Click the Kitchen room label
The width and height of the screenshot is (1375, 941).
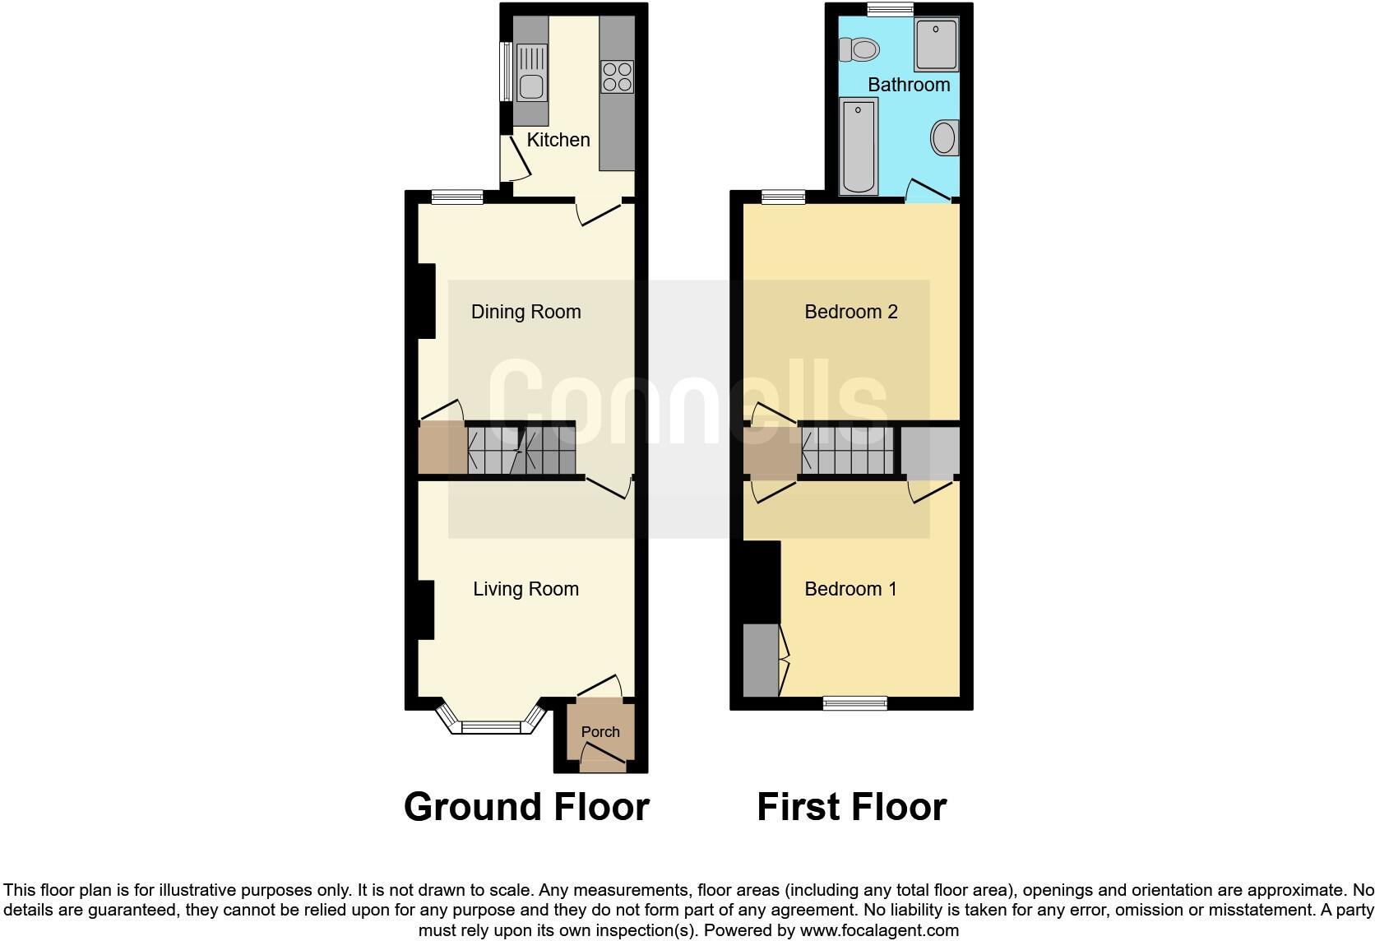click(x=558, y=140)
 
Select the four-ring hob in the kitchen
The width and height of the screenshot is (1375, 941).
click(x=617, y=76)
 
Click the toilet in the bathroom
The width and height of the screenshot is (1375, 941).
click(x=859, y=49)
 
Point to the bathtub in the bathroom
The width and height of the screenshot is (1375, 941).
click(x=859, y=146)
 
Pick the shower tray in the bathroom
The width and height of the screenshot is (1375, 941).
click(x=936, y=44)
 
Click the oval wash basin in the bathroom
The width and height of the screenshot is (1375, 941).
click(x=946, y=137)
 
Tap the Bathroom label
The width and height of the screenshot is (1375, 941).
click(x=909, y=85)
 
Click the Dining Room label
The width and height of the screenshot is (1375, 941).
click(x=525, y=312)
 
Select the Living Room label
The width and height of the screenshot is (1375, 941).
click(x=525, y=589)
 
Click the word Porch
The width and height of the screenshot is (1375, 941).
click(x=600, y=731)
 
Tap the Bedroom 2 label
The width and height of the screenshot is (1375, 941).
click(x=850, y=312)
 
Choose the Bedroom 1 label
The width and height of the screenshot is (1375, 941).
click(x=850, y=589)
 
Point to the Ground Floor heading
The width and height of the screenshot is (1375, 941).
click(x=526, y=807)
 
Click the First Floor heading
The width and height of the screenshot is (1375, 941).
click(x=851, y=807)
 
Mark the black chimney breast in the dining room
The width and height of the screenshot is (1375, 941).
click(x=426, y=300)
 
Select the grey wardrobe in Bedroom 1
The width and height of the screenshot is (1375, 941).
click(x=761, y=661)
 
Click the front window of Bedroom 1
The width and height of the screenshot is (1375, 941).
click(x=855, y=702)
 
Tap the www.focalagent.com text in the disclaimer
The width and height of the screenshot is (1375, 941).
click(x=878, y=931)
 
